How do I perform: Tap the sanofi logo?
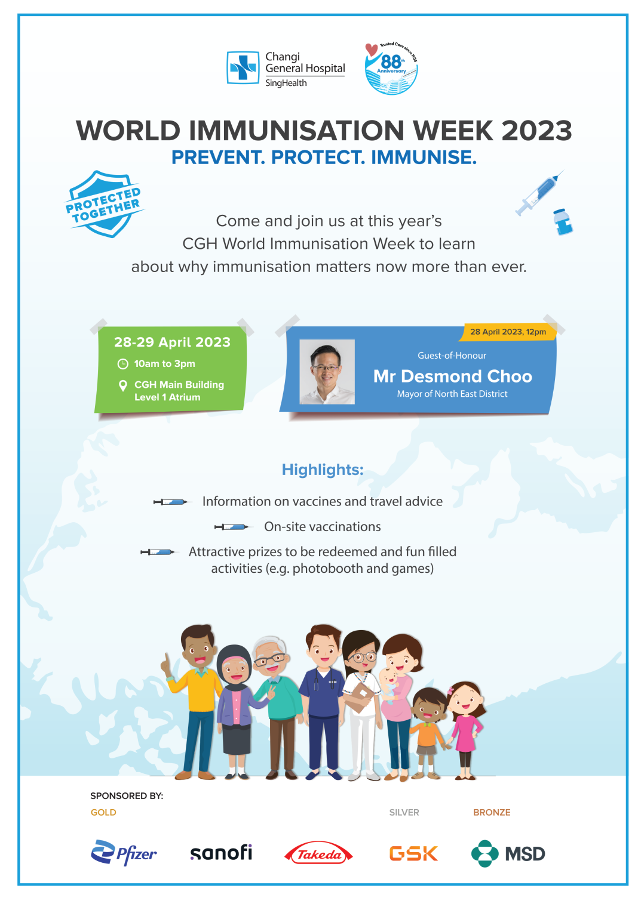coord(220,852)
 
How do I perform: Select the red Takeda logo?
coord(318,853)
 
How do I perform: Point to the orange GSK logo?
coord(413,853)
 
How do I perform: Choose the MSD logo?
coord(508,853)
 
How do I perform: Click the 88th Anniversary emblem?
coord(391,68)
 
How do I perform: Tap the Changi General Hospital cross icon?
coord(243,67)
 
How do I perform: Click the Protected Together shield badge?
coord(105,204)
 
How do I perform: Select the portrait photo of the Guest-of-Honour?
coord(327,371)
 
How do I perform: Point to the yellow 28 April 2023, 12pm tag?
coord(508,332)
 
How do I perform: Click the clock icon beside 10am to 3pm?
coord(122,363)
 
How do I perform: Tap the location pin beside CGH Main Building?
coord(122,385)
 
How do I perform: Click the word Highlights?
coord(323,470)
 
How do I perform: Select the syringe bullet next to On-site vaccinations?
coord(232,527)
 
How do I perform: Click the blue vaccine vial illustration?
coord(562,221)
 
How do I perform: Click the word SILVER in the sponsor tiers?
coord(404,812)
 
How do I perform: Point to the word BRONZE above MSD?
coord(492,812)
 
